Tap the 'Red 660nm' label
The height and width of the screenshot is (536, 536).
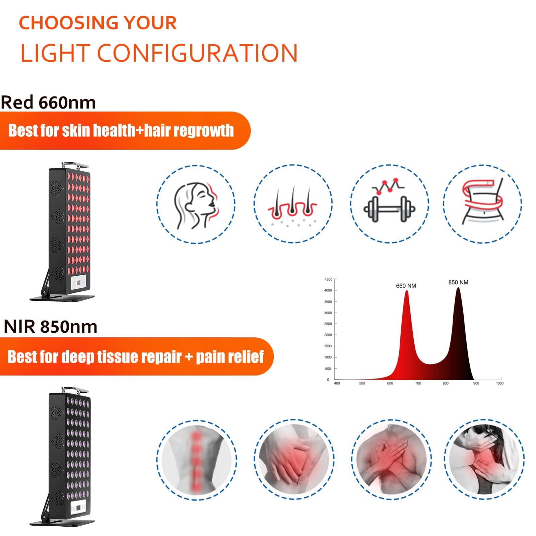48,103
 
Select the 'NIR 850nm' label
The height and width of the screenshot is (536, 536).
51,327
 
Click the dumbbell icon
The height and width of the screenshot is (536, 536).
389,203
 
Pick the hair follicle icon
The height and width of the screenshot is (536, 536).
293,203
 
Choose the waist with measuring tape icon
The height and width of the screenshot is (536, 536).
482,203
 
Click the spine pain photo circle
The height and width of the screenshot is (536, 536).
196,458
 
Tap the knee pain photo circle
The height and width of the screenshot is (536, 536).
293,458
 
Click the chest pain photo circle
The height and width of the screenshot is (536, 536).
389,458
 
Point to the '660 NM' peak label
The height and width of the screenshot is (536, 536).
406,286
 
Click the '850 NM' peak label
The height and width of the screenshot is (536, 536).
458,282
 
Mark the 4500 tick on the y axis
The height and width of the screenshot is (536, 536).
328,279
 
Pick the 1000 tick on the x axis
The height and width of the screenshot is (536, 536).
499,383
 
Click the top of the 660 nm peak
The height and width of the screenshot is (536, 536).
407,291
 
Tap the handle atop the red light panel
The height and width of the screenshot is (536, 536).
75,164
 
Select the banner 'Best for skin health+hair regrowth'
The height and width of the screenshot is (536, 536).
121,131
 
